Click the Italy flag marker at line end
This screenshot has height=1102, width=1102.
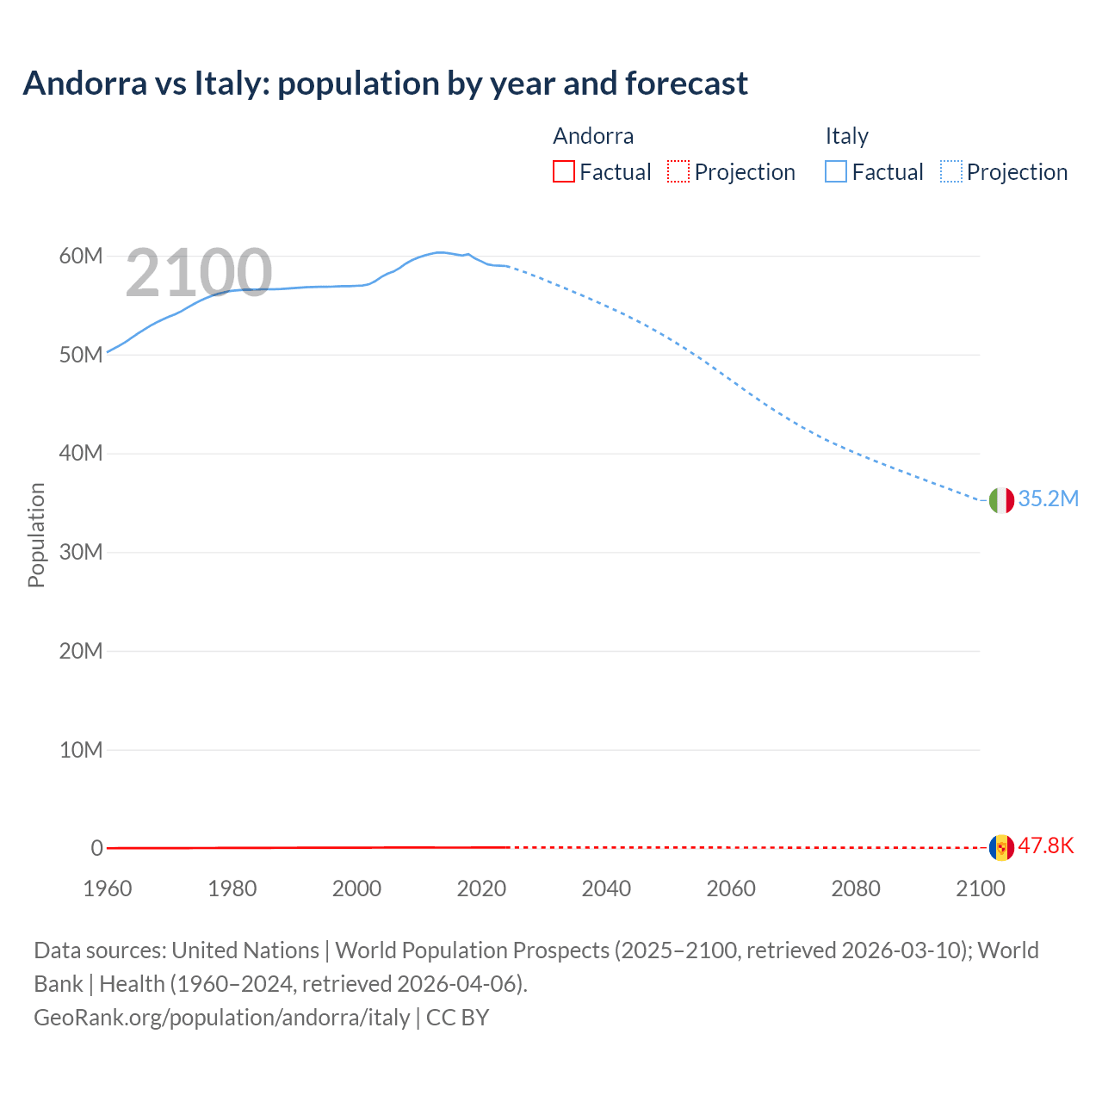coord(1001,500)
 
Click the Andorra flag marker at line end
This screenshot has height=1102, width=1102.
coord(1001,847)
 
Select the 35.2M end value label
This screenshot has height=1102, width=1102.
coord(1048,499)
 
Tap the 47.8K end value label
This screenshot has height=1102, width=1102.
coord(1046,845)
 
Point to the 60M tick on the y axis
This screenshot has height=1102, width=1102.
coord(81,257)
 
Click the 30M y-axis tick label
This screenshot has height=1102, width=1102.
coord(81,552)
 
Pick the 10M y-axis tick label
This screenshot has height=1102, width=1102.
coord(81,750)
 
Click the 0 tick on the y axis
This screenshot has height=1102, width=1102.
coord(96,848)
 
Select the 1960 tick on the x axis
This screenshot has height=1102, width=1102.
coord(108,888)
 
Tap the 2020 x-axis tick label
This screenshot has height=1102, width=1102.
coord(481,888)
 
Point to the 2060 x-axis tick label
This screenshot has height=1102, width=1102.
coord(731,888)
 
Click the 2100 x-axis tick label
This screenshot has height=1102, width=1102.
coord(981,888)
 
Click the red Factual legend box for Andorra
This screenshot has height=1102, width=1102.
coord(564,172)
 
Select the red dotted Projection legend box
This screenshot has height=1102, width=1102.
coord(678,172)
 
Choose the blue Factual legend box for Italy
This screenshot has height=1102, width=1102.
coord(836,172)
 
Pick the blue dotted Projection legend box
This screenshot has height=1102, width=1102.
coord(951,172)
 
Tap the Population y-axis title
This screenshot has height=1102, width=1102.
coord(36,535)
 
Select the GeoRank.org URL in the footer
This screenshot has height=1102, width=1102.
coord(222,1018)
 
